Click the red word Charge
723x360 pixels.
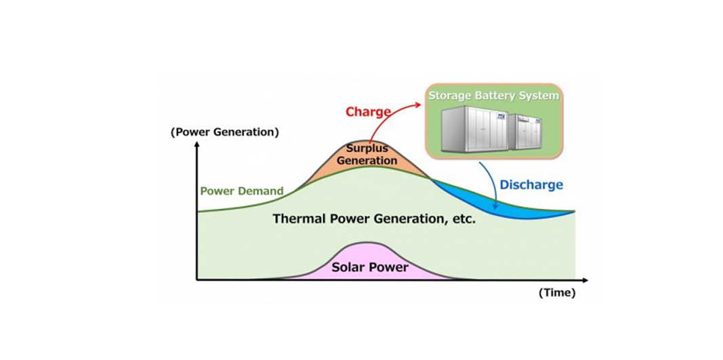click(369, 111)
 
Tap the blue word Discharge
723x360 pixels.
click(531, 184)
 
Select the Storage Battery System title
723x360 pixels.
click(494, 96)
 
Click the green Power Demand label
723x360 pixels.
click(242, 191)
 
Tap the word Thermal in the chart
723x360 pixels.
click(299, 219)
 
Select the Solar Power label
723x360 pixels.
click(370, 267)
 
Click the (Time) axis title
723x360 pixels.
click(557, 293)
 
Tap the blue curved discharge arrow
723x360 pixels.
click(493, 183)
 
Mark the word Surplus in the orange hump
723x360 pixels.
click(366, 148)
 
